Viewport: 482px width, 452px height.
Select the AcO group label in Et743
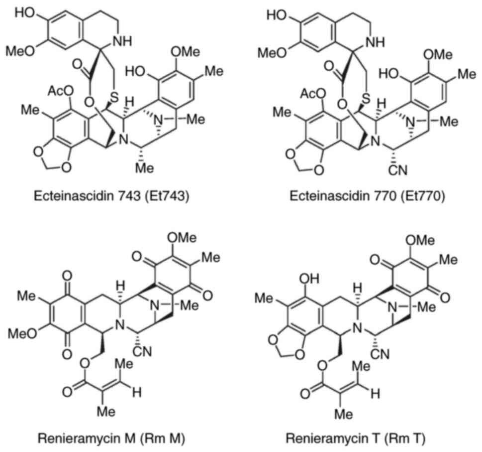click(x=61, y=91)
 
